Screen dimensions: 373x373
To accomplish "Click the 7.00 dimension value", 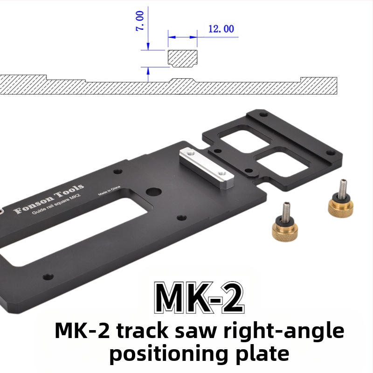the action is (139, 21).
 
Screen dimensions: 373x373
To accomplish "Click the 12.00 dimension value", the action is (221, 29).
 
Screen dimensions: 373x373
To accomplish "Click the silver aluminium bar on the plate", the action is (207, 168).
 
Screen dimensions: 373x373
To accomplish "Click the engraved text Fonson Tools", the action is (49, 199).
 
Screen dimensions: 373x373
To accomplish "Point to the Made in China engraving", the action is (109, 191).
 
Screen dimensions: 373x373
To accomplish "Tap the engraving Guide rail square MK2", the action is (56, 204).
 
